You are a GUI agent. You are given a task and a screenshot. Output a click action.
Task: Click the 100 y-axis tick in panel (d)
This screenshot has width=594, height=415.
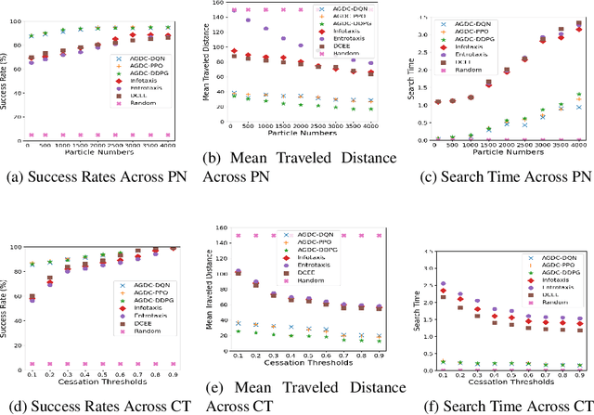point(17,248)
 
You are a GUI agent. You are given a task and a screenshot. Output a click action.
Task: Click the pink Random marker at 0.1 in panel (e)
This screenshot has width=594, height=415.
point(238,236)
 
